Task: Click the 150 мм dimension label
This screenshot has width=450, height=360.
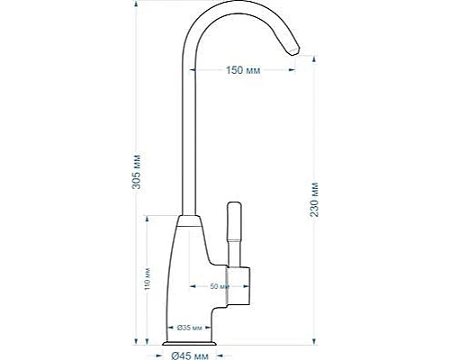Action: pyautogui.click(x=242, y=69)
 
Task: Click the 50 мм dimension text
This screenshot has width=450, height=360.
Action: pyautogui.click(x=217, y=287)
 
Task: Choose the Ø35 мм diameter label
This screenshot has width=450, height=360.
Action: pyautogui.click(x=187, y=326)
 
